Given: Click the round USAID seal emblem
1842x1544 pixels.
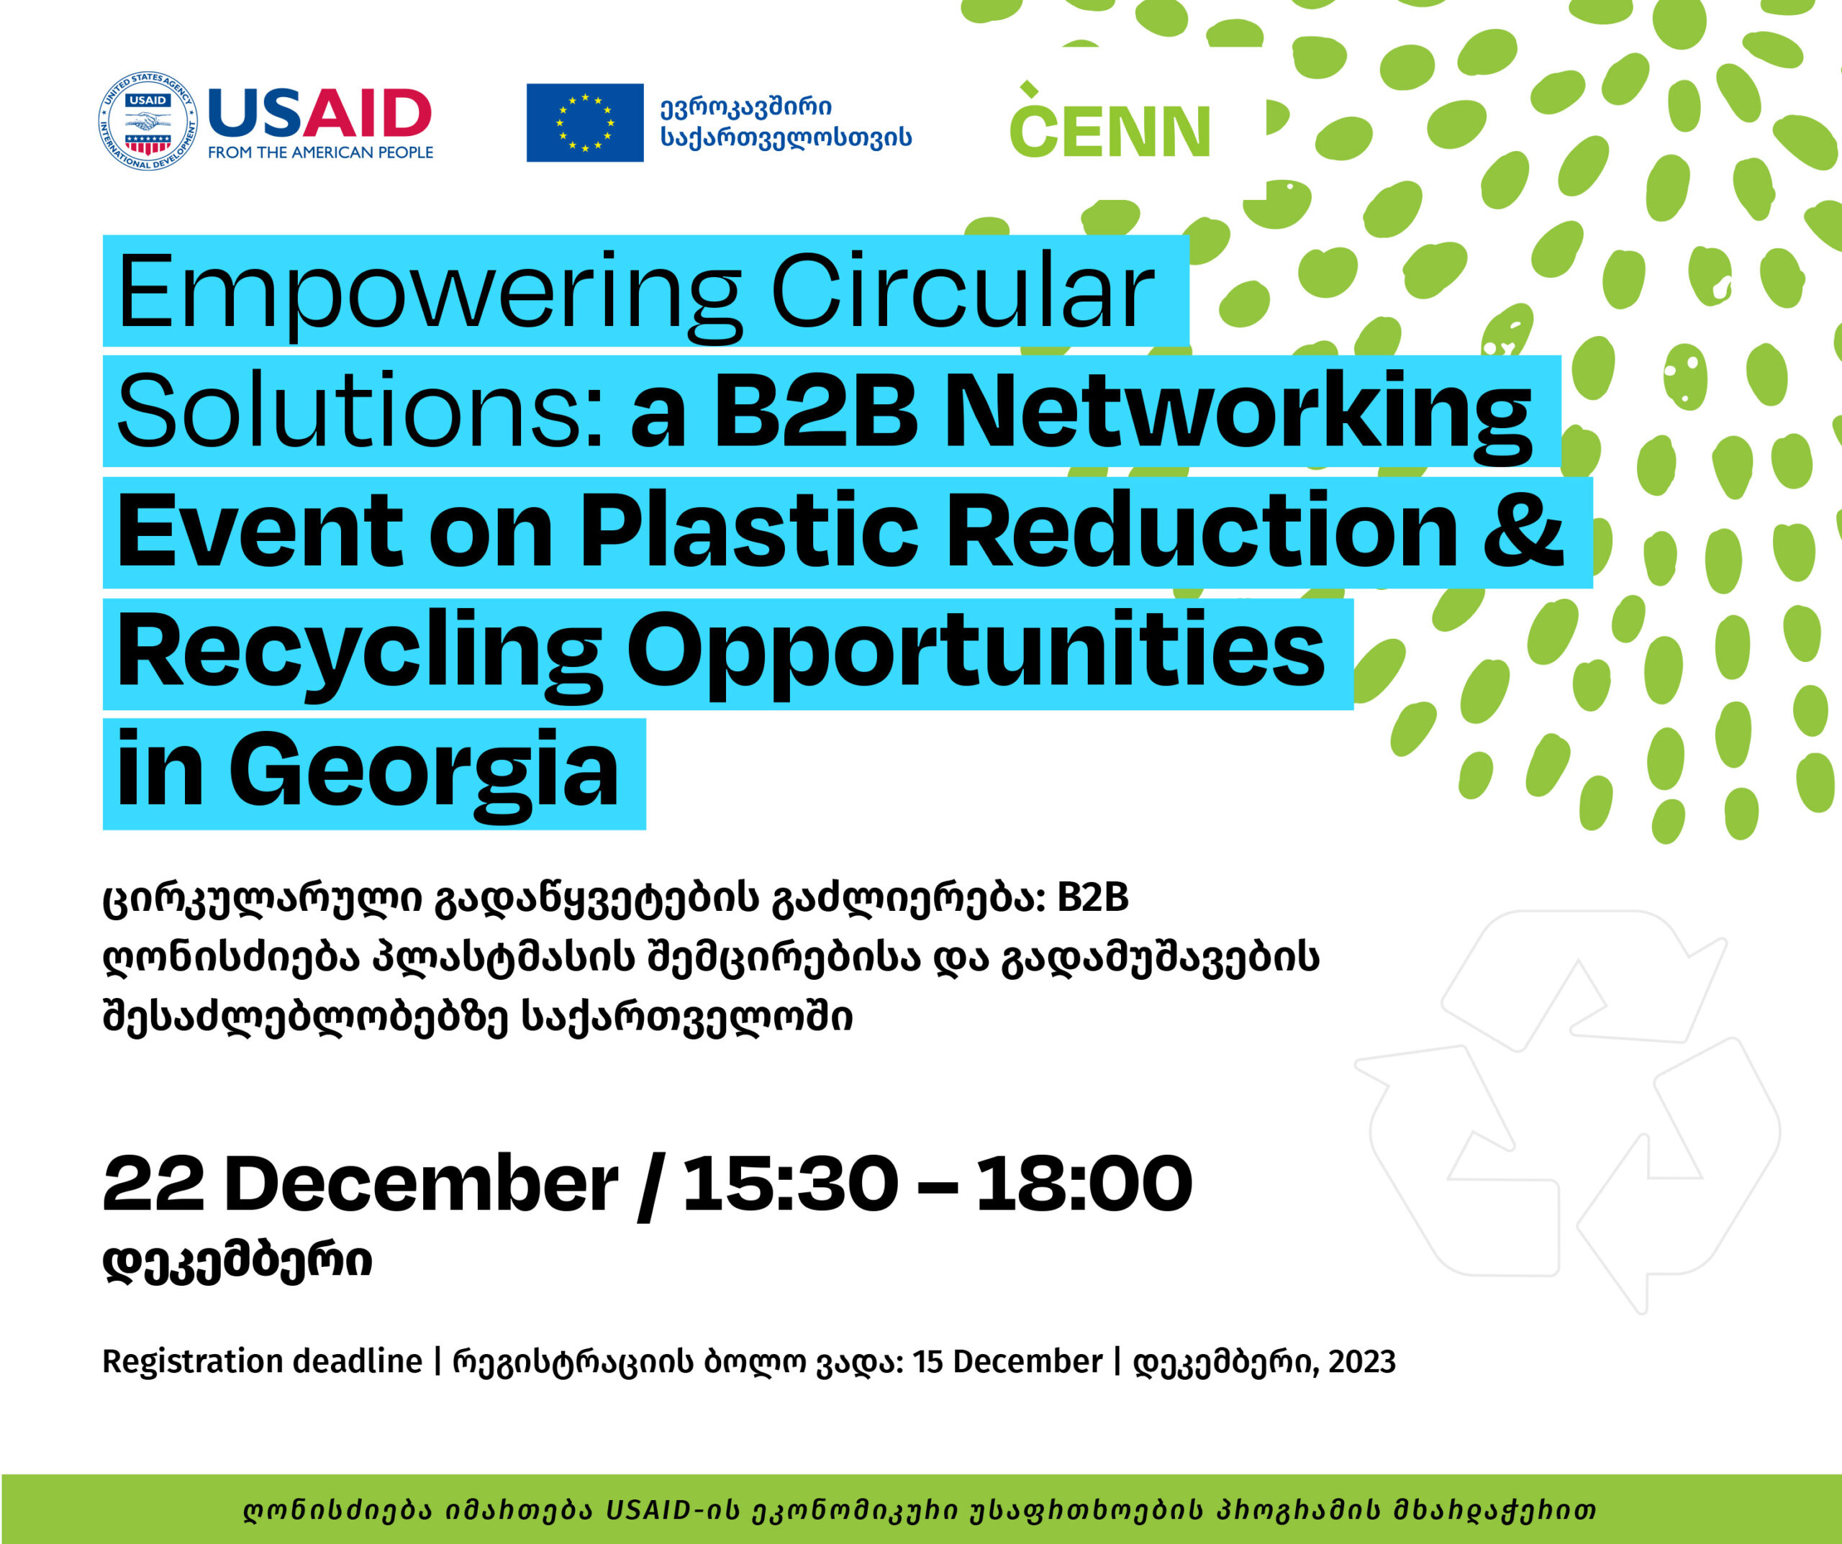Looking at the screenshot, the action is coord(148,121).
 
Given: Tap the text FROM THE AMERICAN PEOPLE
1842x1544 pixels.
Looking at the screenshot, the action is coord(320,153).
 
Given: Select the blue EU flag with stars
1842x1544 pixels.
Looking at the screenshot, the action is coord(585,123).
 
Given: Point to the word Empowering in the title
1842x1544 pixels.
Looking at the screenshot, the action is coord(430,294).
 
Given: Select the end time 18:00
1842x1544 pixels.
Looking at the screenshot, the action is coord(1084,1184).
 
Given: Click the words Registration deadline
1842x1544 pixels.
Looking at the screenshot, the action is coord(262,1361).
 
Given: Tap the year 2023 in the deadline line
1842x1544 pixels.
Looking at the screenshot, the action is coord(1361,1361).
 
